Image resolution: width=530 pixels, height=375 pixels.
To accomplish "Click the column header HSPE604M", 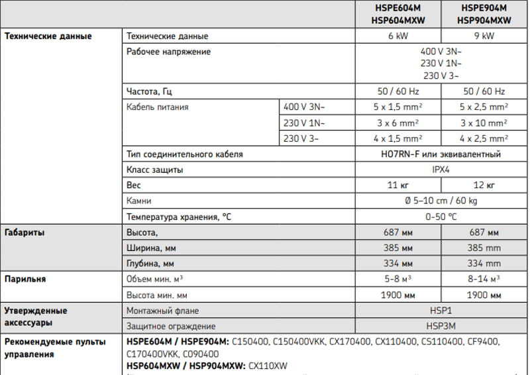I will coord(398,8).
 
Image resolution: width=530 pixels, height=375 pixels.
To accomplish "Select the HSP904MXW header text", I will coord(484,21).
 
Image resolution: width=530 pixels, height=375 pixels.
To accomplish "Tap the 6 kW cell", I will coord(398,36).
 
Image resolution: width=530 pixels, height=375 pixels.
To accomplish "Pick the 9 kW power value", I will coord(484,36).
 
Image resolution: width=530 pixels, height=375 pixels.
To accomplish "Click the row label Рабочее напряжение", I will coord(169,51).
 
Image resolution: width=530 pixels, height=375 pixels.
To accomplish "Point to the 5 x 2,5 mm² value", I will coord(484,106).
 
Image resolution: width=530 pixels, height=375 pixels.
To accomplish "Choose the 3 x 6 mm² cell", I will coord(398,123).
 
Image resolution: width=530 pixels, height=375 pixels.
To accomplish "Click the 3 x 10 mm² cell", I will coord(484,123).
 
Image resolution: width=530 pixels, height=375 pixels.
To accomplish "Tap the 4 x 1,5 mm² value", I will coord(398,138).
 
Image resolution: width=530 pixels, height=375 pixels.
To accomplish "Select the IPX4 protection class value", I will coord(441,170).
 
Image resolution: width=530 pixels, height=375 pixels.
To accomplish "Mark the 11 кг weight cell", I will coord(398,185).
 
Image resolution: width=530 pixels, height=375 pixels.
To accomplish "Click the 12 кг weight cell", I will coord(484,185).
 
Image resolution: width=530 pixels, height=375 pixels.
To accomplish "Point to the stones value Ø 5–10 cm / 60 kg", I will coord(441,201).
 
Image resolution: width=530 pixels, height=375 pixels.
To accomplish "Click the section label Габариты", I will coord(25,233).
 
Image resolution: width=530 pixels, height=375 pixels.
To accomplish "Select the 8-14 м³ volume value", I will coord(484,279).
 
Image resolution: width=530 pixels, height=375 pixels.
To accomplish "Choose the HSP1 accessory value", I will coord(441,310).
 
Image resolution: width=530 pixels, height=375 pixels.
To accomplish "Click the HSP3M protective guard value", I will coord(441,326).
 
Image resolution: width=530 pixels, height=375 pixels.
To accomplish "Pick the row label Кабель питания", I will coord(157,106).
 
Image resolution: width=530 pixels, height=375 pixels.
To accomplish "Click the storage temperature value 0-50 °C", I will coord(441,217).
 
